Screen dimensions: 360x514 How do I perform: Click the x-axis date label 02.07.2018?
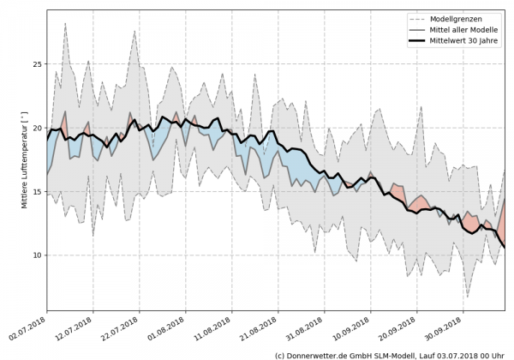point(27,328)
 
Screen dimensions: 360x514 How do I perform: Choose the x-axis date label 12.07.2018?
point(73,328)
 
